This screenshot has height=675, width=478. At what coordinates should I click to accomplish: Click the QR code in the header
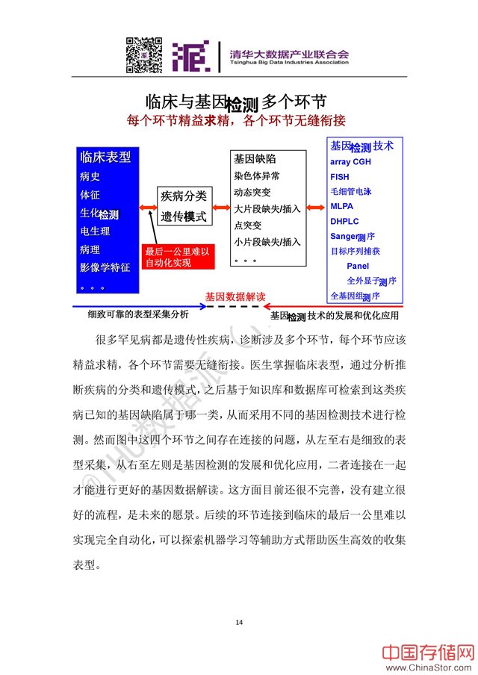point(143,55)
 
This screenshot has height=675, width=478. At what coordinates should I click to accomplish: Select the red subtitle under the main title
point(237,119)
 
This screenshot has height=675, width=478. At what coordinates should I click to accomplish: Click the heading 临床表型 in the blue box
point(105,157)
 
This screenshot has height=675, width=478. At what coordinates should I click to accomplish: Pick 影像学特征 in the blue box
point(105,267)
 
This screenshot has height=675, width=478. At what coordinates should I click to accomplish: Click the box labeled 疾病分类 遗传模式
point(184,206)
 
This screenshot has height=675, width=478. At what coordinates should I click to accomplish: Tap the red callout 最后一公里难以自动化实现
point(178,258)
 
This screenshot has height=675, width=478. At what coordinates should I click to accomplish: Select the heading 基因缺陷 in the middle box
point(255,159)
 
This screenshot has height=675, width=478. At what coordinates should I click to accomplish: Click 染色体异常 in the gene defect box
point(257,176)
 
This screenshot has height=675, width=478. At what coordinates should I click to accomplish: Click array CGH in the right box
point(350,162)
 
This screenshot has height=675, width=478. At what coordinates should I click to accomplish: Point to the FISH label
point(339,177)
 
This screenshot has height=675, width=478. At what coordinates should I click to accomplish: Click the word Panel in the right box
point(358,266)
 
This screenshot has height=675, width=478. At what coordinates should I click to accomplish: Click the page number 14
point(239,622)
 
